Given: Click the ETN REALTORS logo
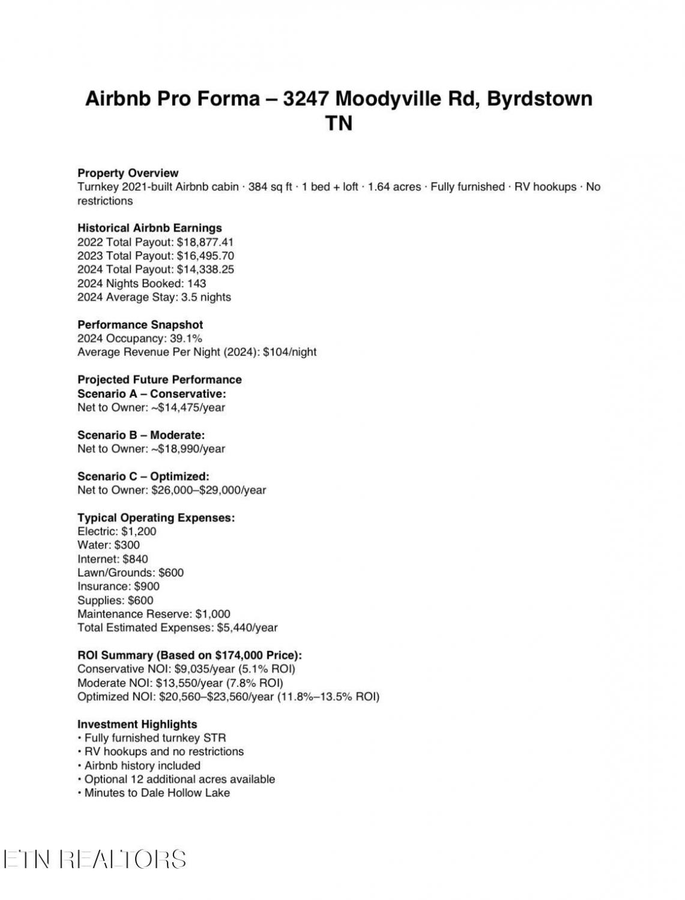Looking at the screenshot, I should point(95,859).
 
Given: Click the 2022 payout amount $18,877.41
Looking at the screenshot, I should point(205,242).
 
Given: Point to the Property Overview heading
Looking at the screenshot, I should point(128,173).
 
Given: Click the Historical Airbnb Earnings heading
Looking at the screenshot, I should point(149,228).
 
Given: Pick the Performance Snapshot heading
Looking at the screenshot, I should point(140,325).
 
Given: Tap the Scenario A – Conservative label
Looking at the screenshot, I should point(152,394).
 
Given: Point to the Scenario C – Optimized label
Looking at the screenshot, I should point(143,476).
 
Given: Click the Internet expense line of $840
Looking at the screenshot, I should point(113,559).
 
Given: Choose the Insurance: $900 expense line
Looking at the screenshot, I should point(118,586).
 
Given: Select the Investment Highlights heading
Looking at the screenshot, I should point(137,724).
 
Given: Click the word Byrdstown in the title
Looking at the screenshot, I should point(539,98).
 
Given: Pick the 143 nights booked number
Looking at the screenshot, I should point(196,283).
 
